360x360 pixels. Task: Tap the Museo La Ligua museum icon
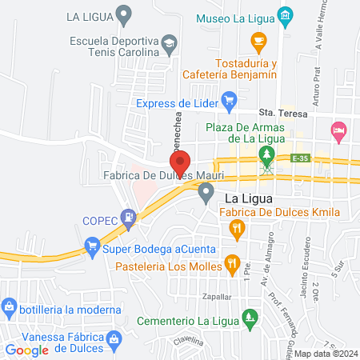pyautogui.click(x=285, y=16)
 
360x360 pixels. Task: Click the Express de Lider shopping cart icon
pyautogui.click(x=229, y=102)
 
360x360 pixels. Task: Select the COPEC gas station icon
pyautogui.click(x=127, y=216)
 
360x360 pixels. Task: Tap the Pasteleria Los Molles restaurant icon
pyautogui.click(x=232, y=262)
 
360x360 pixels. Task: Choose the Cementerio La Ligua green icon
pyautogui.click(x=251, y=317)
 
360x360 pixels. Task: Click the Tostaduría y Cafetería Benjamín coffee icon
pyautogui.click(x=258, y=40)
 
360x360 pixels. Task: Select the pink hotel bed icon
pyautogui.click(x=339, y=128)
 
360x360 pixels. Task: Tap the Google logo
pyautogui.click(x=27, y=350)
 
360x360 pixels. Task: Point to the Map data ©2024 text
pyautogui.click(x=326, y=354)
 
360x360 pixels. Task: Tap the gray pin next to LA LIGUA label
pyautogui.click(x=123, y=14)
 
